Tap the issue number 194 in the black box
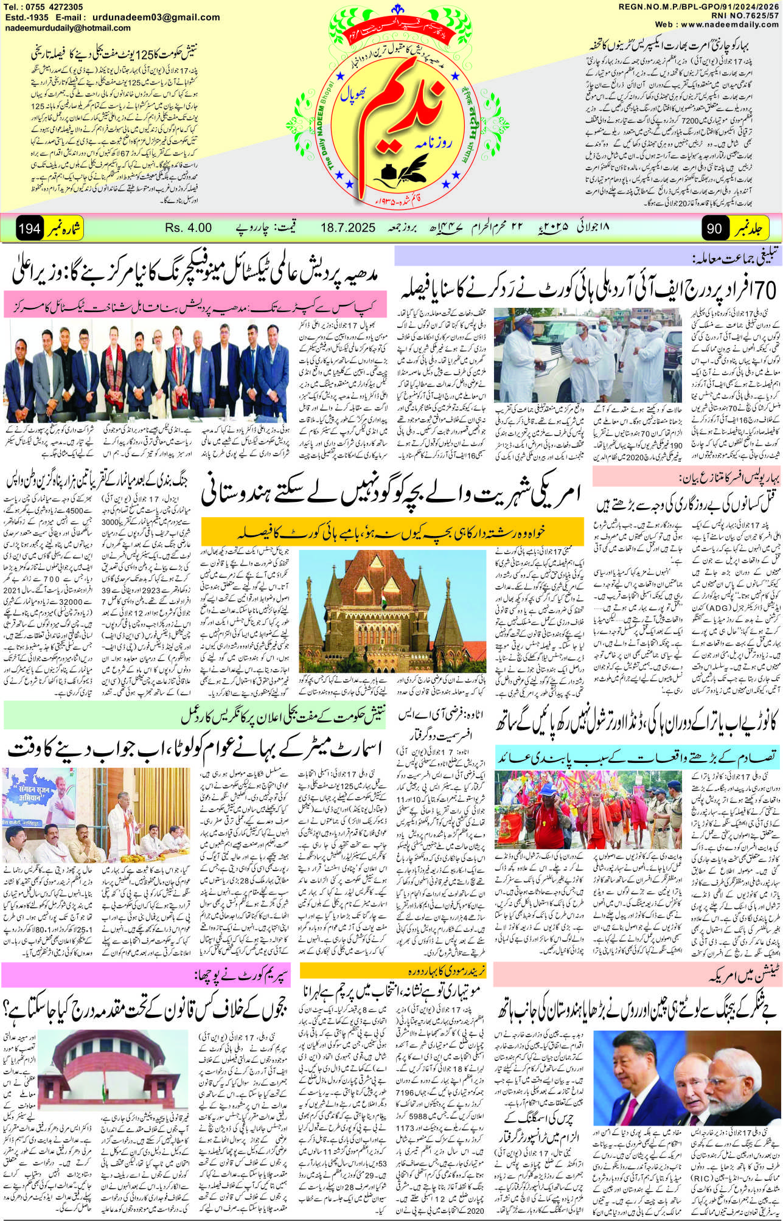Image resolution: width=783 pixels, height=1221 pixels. (x=29, y=229)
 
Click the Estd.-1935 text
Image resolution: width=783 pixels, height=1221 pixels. (x=26, y=17)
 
